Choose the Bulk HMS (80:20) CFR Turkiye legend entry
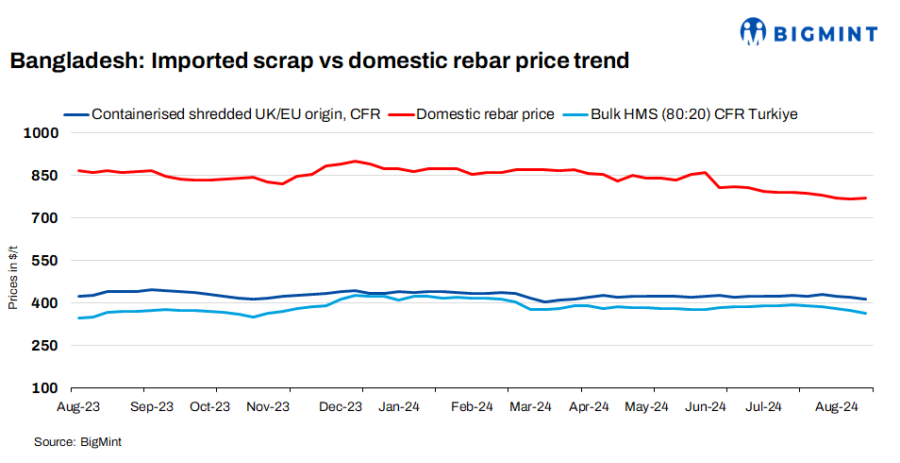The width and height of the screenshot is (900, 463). [x=693, y=114]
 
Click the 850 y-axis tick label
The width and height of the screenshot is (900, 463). [x=48, y=176]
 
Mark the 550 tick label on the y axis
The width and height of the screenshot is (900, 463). [x=48, y=261]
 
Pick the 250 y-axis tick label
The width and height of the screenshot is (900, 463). [x=48, y=346]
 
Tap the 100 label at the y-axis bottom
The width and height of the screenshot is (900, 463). [x=48, y=388]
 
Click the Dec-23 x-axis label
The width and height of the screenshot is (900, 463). [x=341, y=407]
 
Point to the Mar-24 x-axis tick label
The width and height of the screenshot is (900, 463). [x=530, y=407]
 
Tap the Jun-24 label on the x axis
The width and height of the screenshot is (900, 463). [x=705, y=407]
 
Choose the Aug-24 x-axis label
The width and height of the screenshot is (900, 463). [x=836, y=407]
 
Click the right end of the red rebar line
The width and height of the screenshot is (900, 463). [x=865, y=197]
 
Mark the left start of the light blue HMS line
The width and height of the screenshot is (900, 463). [x=78, y=317]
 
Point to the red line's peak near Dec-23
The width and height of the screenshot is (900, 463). [x=355, y=161]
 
